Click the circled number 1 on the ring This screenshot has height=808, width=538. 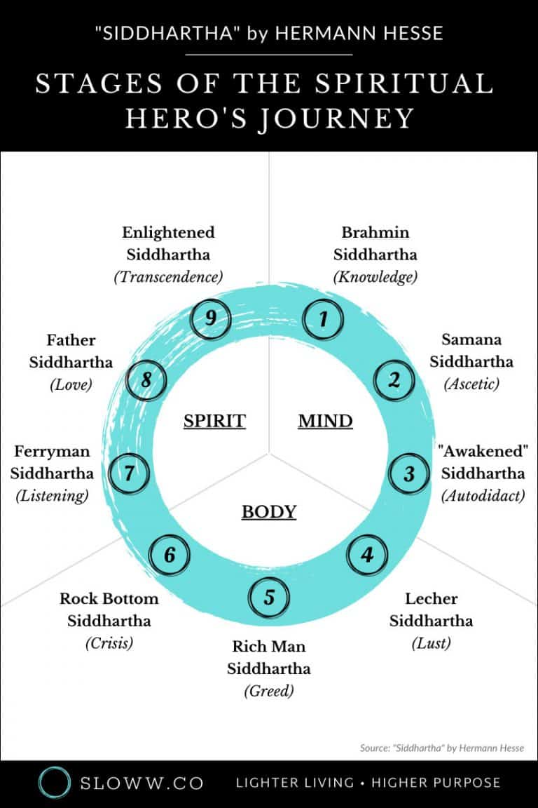tap(322, 320)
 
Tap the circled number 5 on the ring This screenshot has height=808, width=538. tap(270, 598)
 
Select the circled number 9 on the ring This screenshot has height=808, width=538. tap(210, 320)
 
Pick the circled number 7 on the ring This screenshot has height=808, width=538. tap(130, 473)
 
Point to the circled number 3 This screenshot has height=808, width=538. tap(409, 473)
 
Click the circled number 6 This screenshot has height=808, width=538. tap(170, 555)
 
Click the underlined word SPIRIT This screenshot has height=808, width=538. tap(214, 421)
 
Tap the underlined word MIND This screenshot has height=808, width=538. tap(325, 421)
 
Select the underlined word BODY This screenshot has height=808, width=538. tap(269, 512)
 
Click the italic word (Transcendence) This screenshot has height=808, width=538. tap(168, 277)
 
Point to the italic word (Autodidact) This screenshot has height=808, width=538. tap(483, 496)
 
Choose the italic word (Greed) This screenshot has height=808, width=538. tap(269, 691)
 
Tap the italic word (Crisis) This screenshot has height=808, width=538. tap(109, 643)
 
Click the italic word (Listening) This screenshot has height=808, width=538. tap(53, 496)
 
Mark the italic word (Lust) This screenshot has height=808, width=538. tap(431, 643)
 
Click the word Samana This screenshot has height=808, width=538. tap(471, 339)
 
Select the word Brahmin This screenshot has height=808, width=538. tap(375, 232)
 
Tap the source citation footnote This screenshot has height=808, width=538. tap(442, 748)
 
